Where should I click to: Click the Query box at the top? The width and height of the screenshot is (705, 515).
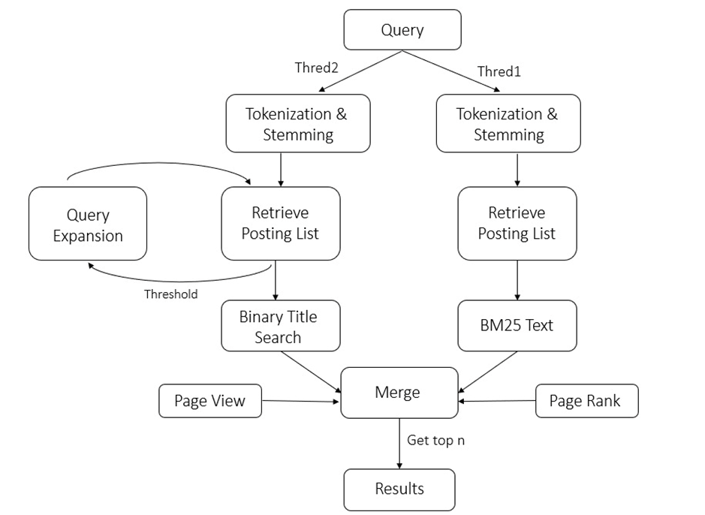tap(402, 30)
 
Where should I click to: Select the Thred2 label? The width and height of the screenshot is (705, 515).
tap(316, 68)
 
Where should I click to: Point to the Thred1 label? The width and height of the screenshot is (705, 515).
tap(499, 72)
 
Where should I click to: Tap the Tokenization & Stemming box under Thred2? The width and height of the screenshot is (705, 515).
tap(297, 124)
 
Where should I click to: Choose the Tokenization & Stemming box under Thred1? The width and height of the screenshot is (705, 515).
tap(508, 124)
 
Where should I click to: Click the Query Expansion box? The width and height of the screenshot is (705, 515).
tap(88, 224)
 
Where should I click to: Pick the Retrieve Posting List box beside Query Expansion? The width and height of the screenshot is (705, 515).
tap(280, 223)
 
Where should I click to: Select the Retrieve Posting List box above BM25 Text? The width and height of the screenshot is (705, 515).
tap(517, 223)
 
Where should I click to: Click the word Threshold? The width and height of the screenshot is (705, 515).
tap(170, 294)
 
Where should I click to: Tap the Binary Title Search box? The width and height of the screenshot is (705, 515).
tap(279, 327)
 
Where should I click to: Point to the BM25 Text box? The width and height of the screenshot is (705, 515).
tap(517, 326)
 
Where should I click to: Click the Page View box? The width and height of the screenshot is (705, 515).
tap(210, 401)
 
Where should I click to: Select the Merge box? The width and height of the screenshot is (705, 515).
tap(399, 392)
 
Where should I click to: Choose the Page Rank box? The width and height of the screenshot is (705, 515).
tap(586, 401)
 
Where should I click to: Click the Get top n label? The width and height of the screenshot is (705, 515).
tap(435, 441)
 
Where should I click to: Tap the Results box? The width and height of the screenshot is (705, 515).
tap(399, 489)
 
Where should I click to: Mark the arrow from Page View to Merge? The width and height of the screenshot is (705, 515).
tap(300, 402)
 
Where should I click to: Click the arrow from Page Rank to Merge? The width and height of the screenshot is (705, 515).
tap(497, 402)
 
